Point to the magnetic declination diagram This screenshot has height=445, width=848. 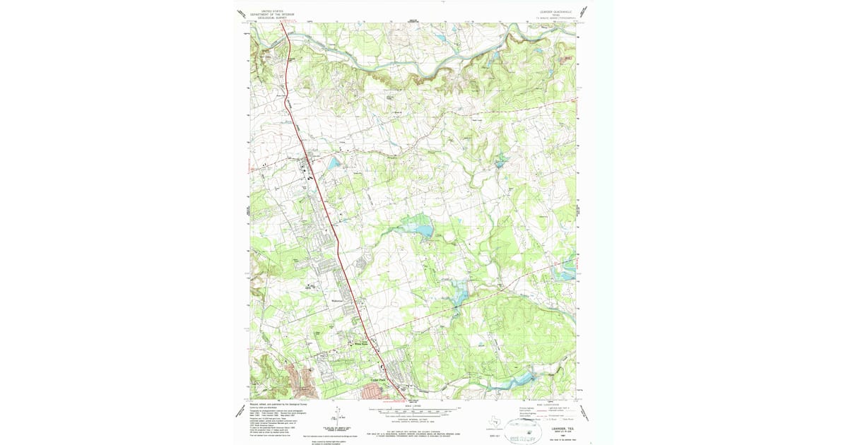pos(337,417)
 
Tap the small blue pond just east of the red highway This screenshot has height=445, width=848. pos(332,163)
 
